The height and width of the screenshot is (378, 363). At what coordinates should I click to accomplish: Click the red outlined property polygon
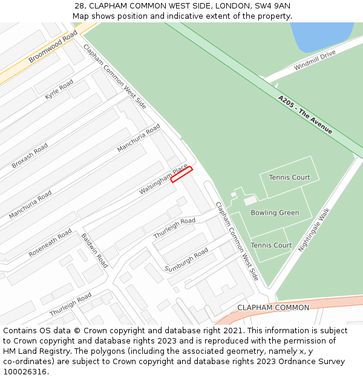pos(181,174)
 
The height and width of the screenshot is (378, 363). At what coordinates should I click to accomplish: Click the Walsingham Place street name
pos(163,179)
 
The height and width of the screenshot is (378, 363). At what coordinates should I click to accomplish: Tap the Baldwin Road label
pos(94,250)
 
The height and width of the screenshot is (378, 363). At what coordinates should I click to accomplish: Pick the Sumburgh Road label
pos(186,259)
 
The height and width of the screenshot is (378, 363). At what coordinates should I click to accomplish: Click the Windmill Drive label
pos(315,60)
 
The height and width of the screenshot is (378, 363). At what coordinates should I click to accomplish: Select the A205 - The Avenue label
pos(305,114)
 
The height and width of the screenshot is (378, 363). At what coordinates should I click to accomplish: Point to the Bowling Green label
pos(275,213)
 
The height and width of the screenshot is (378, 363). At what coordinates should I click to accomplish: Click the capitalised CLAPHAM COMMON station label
pos(273,307)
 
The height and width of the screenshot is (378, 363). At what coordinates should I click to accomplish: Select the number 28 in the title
pos(80,5)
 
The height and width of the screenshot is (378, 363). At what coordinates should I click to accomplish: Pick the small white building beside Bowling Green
pos(250,200)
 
